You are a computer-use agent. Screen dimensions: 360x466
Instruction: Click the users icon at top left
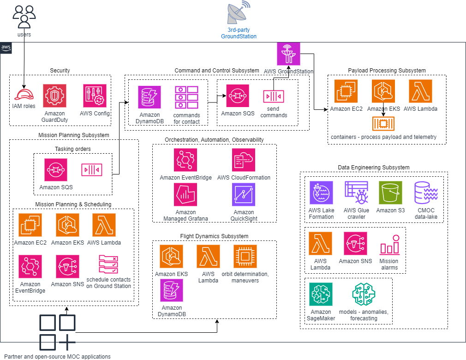point(24,16)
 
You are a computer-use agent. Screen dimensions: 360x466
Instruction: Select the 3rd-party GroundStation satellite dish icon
point(238,13)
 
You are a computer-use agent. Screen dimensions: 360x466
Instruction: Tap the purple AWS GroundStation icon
point(288,54)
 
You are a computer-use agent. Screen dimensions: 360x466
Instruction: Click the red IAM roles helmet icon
point(24,94)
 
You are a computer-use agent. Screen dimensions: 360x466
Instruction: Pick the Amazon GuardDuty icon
point(54,96)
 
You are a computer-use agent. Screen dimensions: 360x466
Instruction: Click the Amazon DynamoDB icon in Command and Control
point(149,97)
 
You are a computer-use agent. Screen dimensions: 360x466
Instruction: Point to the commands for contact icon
point(186,97)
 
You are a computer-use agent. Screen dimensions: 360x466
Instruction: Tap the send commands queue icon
point(274,96)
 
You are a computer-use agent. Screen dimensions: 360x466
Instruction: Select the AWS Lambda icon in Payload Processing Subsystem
point(420,91)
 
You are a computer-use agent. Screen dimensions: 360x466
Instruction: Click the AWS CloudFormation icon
point(244,160)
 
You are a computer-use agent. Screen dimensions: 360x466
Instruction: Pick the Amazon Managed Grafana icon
point(185,195)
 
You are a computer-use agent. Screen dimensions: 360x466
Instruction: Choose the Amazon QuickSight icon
point(244,195)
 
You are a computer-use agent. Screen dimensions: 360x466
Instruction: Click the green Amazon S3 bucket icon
point(390,192)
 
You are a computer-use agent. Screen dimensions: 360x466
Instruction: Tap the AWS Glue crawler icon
point(356,192)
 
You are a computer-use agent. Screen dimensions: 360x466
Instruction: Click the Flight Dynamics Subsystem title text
point(214,236)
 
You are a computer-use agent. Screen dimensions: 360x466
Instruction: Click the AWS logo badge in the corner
point(6,48)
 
